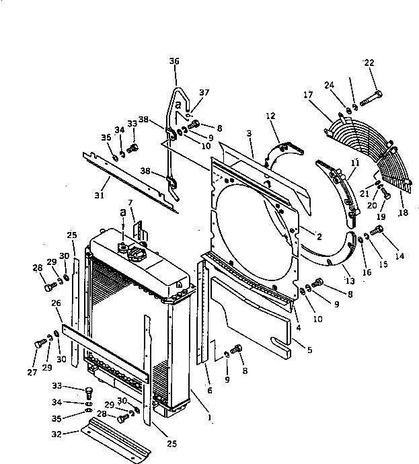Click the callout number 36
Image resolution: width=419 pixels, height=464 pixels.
point(174,61)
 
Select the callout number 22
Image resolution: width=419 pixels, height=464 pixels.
point(369,63)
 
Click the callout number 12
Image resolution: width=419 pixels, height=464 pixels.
point(271,116)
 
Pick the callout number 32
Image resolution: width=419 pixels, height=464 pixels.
point(57,434)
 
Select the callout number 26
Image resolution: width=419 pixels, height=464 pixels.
point(56,303)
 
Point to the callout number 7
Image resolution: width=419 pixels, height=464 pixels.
point(130,202)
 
